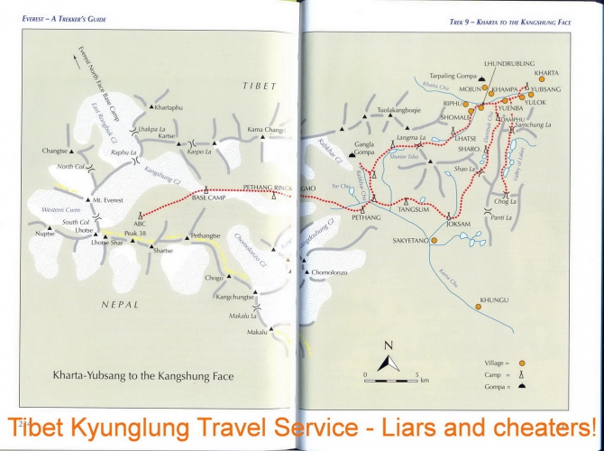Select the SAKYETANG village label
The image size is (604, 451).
(x=411, y=241)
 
